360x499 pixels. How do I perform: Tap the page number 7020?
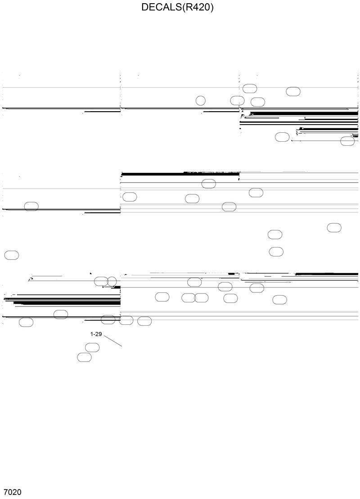pyautogui.click(x=12, y=492)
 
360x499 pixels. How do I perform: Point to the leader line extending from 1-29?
pyautogui.click(x=113, y=341)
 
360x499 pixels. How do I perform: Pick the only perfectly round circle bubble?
pyautogui.click(x=201, y=100)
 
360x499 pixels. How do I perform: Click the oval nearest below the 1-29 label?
pyautogui.click(x=92, y=347)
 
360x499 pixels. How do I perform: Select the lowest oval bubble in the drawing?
pyautogui.click(x=85, y=357)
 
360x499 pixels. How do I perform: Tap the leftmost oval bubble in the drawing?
pyautogui.click(x=12, y=255)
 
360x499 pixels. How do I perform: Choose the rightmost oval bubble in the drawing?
pyautogui.click(x=347, y=141)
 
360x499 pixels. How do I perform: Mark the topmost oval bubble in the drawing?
pyautogui.click(x=250, y=88)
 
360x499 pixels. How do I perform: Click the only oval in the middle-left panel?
pyautogui.click(x=31, y=207)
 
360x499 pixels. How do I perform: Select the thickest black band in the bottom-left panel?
pyautogui.click(x=67, y=303)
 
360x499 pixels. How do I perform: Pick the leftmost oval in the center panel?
pyautogui.click(x=130, y=197)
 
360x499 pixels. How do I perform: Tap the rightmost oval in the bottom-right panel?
pyautogui.click(x=280, y=300)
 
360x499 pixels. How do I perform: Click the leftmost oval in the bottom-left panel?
pyautogui.click(x=26, y=322)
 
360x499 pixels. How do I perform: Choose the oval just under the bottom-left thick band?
pyautogui.click(x=61, y=315)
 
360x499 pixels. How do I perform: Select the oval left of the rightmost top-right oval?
pyautogui.click(x=282, y=137)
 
